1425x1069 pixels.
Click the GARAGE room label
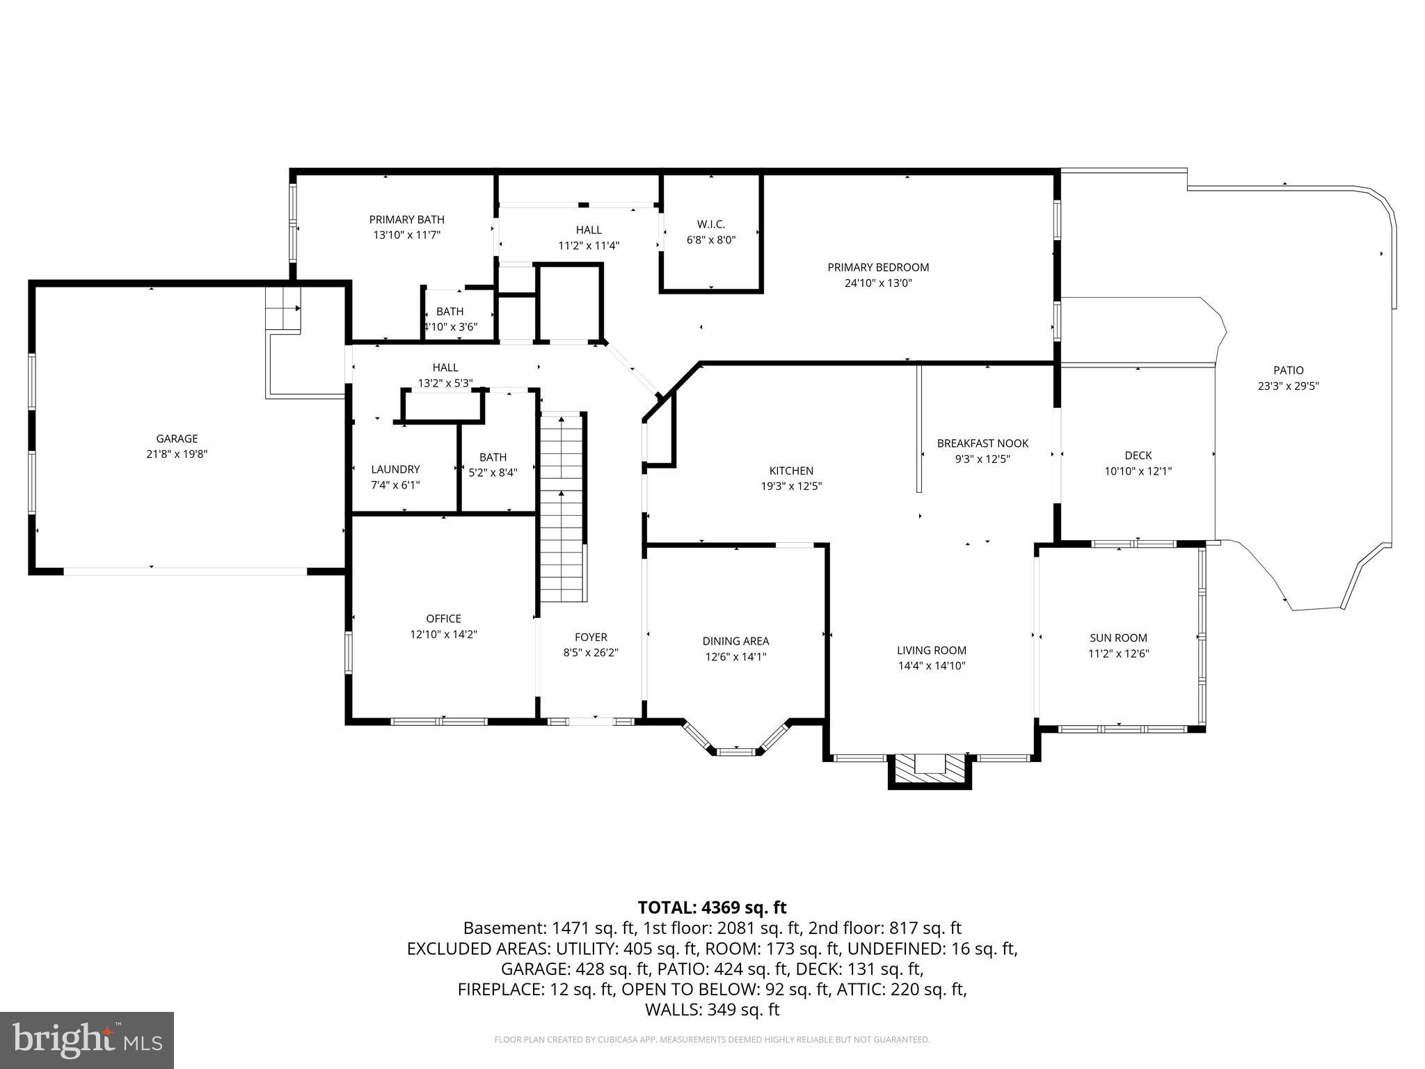177,438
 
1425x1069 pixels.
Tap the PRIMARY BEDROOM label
878,267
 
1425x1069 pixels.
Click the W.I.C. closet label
710,224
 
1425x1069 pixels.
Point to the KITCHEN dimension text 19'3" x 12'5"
791,486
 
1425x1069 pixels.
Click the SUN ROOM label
1118,638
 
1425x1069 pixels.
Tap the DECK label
1138,455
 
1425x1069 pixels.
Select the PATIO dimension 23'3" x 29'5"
1288,386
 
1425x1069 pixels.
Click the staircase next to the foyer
562,508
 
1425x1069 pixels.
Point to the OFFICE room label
444,619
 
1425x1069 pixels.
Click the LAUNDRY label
395,469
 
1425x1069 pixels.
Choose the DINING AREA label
735,641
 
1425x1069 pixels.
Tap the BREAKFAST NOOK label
982,443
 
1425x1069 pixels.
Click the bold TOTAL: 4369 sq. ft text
712,908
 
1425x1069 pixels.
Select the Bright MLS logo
87,1040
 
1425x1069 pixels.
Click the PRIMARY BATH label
406,220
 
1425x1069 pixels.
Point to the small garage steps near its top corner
283,310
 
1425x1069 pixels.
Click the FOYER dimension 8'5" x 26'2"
591,653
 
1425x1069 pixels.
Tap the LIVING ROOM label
931,650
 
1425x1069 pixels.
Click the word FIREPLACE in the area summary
500,989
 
